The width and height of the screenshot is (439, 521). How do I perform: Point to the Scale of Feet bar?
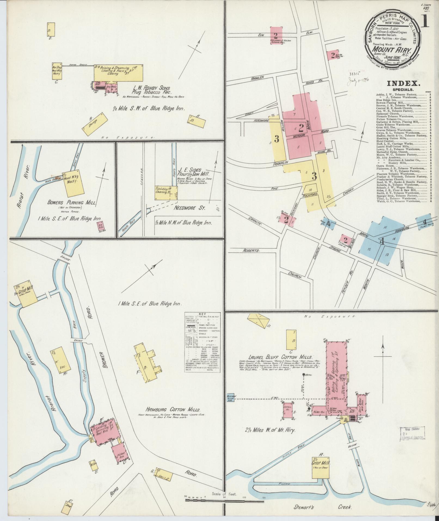[224, 500]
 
